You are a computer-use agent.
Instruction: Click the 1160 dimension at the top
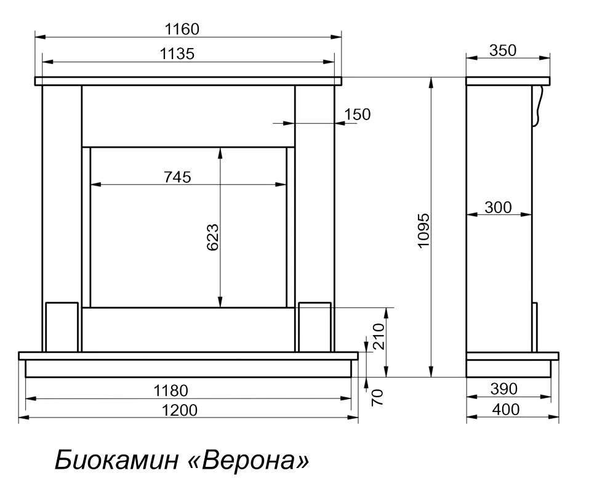point(182,30)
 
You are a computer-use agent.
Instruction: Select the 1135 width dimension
point(177,54)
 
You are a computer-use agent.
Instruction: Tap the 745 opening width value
point(177,177)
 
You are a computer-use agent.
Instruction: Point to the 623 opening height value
point(212,237)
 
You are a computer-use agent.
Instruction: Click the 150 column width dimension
point(357,115)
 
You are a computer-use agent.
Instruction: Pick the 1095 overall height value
point(423,231)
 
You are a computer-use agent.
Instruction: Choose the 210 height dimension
point(379,336)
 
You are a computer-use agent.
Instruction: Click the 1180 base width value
point(170,390)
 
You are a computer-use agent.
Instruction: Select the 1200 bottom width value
point(180,411)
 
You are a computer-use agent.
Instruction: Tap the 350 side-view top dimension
point(503,51)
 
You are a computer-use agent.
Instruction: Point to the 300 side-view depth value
point(498,208)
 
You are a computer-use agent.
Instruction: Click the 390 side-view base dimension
point(504,389)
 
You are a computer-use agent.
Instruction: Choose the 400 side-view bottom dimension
point(506,410)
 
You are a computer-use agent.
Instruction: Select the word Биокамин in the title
point(117,459)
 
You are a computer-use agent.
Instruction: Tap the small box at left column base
point(62,327)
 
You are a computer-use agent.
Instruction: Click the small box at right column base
point(315,327)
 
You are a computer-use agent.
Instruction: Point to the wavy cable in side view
point(537,105)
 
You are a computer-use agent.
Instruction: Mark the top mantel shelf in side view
point(508,81)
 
